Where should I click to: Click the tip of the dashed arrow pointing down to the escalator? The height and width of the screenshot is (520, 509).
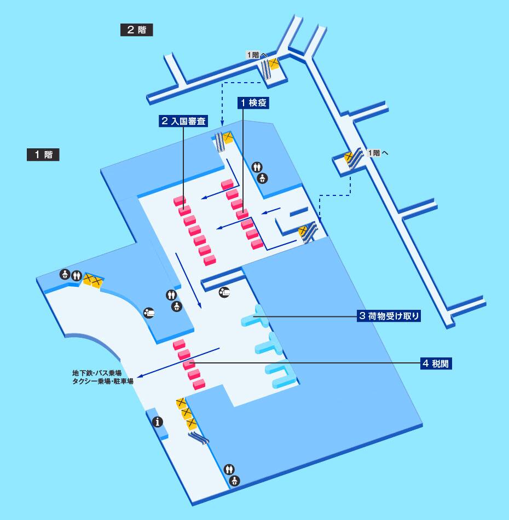click(x=222, y=125)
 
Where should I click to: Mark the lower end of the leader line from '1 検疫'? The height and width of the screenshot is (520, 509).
click(x=243, y=213)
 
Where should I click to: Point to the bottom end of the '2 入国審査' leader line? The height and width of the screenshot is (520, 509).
click(x=183, y=208)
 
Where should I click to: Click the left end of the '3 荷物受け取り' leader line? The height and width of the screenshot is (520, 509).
click(x=253, y=316)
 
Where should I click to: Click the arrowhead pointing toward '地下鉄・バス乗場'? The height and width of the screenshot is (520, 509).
click(x=140, y=376)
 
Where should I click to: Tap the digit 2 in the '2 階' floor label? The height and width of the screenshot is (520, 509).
click(x=131, y=30)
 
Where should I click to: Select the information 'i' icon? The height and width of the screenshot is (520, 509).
click(x=158, y=422)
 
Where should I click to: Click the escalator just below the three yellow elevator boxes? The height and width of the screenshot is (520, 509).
click(x=199, y=438)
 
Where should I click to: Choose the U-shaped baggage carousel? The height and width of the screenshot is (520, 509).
click(x=280, y=375)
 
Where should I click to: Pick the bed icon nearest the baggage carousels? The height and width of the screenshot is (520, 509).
click(x=224, y=292)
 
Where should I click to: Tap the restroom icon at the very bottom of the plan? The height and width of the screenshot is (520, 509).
click(x=229, y=469)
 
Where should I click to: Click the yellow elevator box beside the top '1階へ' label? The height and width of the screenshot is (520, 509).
click(x=274, y=63)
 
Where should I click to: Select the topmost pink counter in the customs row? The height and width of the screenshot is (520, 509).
click(x=179, y=344)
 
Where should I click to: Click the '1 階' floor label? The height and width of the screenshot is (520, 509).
click(x=43, y=154)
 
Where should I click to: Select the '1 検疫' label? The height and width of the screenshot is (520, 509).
click(x=253, y=103)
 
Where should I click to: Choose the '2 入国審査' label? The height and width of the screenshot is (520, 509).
click(x=183, y=121)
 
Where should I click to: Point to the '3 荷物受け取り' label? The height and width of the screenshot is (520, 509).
click(x=389, y=316)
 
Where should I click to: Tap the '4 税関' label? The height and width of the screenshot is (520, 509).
click(x=436, y=363)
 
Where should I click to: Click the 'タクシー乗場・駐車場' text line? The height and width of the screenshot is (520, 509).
click(x=103, y=382)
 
